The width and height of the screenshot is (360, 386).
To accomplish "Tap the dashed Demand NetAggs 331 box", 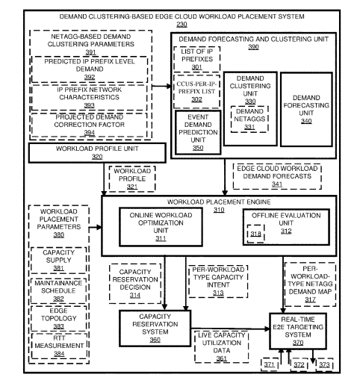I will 249,114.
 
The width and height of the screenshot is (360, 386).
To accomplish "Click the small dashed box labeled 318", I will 253,236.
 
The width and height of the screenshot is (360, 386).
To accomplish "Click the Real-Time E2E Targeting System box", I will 302,327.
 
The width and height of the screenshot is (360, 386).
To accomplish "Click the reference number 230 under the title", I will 181,25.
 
